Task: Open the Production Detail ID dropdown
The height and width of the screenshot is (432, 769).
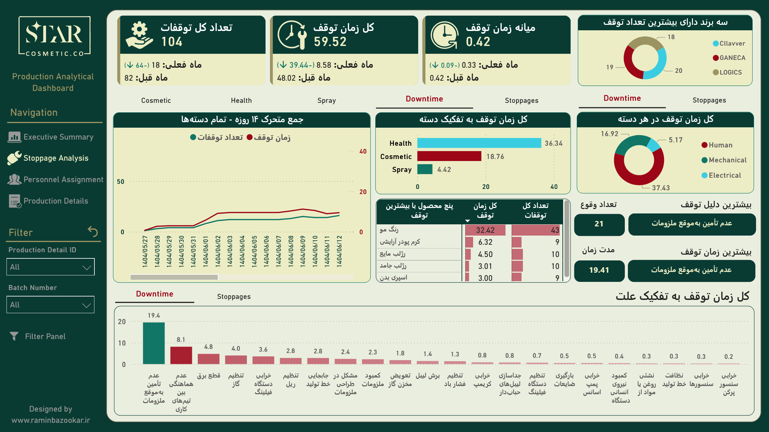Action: [x=50, y=267]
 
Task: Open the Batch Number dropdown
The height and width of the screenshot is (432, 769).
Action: [x=50, y=305]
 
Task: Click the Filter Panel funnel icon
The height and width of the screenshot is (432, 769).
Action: [x=14, y=336]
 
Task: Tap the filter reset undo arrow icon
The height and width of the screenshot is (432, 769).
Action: [x=93, y=231]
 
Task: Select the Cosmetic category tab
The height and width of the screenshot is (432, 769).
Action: [x=156, y=100]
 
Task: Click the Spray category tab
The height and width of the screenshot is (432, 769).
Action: [x=326, y=100]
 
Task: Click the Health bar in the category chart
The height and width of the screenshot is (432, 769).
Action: [x=479, y=143]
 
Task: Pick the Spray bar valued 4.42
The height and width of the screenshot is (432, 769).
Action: [x=425, y=169]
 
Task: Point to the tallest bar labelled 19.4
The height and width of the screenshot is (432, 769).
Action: [x=154, y=343]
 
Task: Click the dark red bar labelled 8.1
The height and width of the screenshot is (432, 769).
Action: [x=181, y=355]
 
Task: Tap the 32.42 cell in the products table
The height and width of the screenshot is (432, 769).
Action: [x=485, y=230]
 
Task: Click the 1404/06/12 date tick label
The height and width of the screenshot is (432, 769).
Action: [x=339, y=251]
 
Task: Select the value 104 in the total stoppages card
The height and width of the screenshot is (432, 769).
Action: [x=172, y=42]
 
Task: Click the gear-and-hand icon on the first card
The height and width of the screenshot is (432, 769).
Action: [x=139, y=35]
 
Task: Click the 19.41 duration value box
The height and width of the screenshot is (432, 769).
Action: [x=599, y=270]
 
